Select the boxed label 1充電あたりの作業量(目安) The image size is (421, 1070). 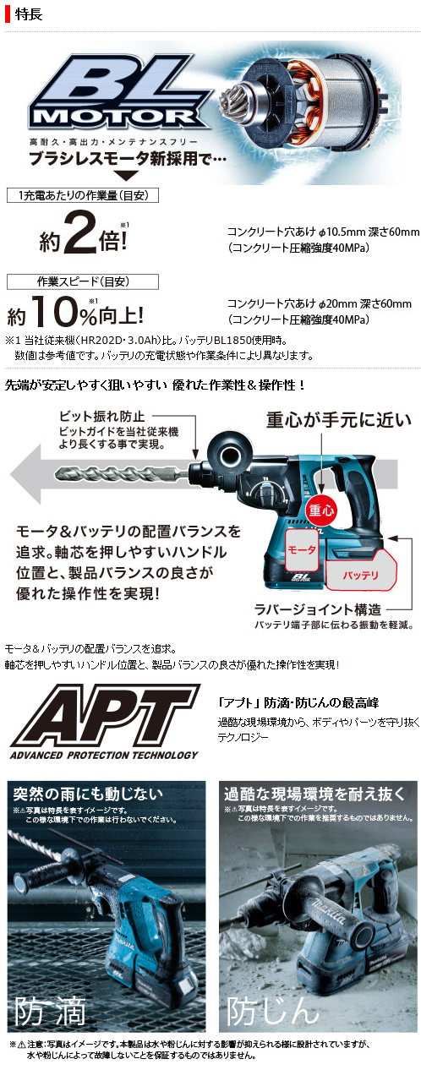pos(82,196)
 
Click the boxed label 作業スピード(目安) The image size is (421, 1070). pos(70,281)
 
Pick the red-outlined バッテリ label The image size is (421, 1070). pos(360,575)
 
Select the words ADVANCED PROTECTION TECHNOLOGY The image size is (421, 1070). pos(103,755)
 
